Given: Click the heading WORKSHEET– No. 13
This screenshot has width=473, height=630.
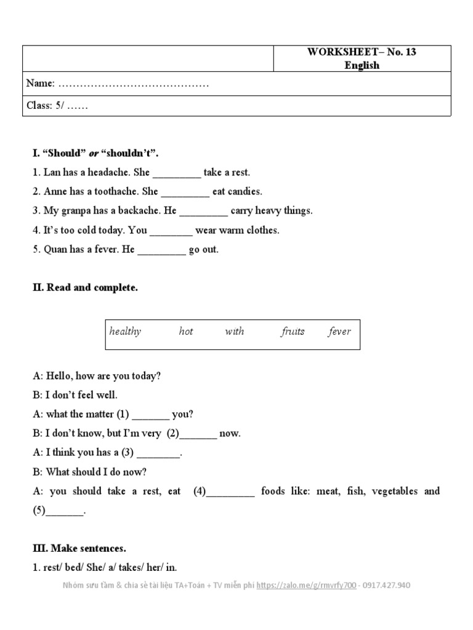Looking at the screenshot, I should pyautogui.click(x=362, y=52).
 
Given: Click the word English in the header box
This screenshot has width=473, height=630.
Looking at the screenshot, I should pyautogui.click(x=362, y=65).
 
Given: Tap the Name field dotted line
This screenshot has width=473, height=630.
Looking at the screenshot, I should pyautogui.click(x=132, y=84).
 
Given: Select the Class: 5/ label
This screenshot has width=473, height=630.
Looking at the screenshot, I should pyautogui.click(x=45, y=105).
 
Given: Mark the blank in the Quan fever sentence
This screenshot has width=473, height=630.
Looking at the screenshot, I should pyautogui.click(x=161, y=250).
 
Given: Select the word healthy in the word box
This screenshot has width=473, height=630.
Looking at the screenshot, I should pyautogui.click(x=125, y=332).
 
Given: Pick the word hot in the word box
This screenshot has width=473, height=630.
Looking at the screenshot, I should pyautogui.click(x=185, y=332).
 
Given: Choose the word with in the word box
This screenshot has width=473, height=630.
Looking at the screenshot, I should pyautogui.click(x=234, y=332).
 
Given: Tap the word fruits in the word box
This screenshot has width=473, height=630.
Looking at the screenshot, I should pyautogui.click(x=293, y=332).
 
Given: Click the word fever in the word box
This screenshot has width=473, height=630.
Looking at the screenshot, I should pyautogui.click(x=339, y=332).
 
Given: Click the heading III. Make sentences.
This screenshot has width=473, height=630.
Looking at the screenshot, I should pyautogui.click(x=79, y=548).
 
